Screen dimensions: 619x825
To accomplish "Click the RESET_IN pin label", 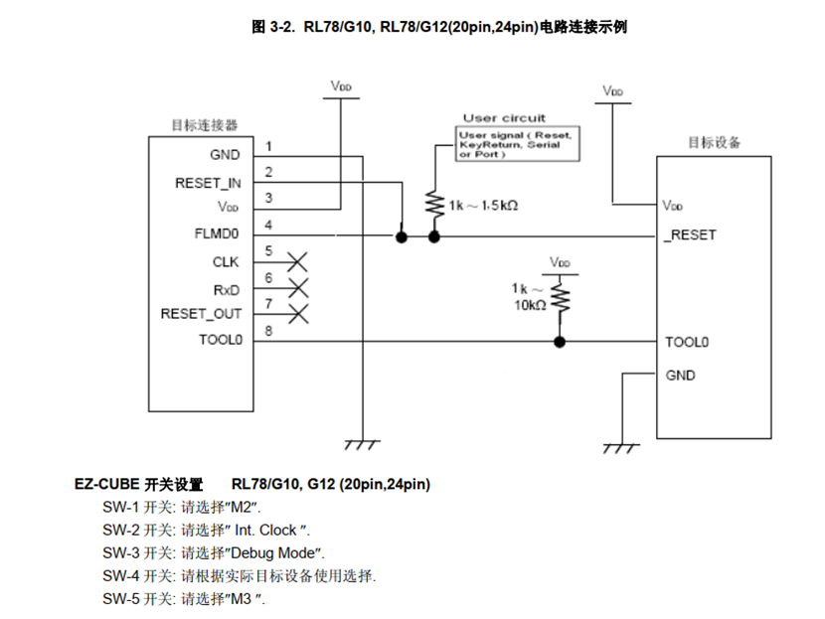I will (x=208, y=183).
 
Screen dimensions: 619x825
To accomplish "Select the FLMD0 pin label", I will (x=218, y=236).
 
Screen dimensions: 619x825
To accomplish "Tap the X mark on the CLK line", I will (x=296, y=262).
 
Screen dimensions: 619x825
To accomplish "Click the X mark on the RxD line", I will (x=296, y=288).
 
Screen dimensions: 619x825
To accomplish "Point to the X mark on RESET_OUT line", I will (x=296, y=314).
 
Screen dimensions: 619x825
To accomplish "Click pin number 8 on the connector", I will (x=268, y=332).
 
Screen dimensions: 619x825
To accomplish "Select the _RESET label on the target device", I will (x=689, y=235).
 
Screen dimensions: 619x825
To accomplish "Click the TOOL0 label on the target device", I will (x=687, y=342).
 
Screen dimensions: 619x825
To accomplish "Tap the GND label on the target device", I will (x=681, y=376).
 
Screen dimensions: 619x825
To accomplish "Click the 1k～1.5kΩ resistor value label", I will (x=483, y=206).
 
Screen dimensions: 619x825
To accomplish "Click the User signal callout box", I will (x=519, y=145).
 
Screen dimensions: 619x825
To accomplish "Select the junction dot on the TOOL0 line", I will (x=560, y=342).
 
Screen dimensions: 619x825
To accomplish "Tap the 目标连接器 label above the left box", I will (x=205, y=125).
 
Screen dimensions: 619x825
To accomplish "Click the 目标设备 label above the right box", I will (x=714, y=142).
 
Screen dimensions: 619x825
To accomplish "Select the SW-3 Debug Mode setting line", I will (x=214, y=552).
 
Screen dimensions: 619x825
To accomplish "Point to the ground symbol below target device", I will (x=622, y=446).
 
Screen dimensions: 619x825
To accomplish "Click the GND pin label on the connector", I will (x=225, y=155).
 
